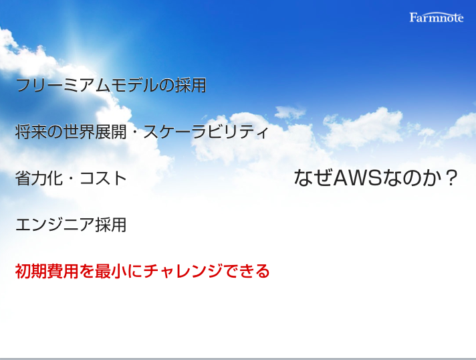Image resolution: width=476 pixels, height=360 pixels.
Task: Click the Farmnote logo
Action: (437, 17)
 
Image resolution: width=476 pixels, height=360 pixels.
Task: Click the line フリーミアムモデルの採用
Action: (111, 85)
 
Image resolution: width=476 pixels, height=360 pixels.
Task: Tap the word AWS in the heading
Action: (357, 178)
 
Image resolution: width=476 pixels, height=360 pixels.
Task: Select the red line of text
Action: (142, 271)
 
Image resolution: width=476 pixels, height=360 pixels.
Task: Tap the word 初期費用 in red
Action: (47, 271)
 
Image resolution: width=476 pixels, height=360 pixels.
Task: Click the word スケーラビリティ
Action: (206, 132)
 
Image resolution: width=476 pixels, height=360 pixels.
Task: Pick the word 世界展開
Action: (95, 132)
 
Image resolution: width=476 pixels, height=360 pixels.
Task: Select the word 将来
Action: (31, 132)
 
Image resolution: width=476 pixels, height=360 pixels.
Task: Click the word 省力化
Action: (39, 179)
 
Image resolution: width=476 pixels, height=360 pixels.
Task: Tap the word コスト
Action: (103, 179)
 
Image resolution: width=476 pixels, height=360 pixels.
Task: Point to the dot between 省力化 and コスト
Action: (71, 179)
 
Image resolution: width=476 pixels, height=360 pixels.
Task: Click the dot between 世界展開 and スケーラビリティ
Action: (135, 132)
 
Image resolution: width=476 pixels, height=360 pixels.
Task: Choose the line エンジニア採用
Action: (71, 225)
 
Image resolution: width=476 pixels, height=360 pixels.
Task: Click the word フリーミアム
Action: (63, 85)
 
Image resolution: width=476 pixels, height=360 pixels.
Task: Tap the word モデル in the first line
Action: (134, 85)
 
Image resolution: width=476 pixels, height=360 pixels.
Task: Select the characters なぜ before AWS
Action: (313, 178)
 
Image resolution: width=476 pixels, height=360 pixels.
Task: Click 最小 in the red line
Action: (111, 271)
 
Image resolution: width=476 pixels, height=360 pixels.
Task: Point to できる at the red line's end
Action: (246, 271)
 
